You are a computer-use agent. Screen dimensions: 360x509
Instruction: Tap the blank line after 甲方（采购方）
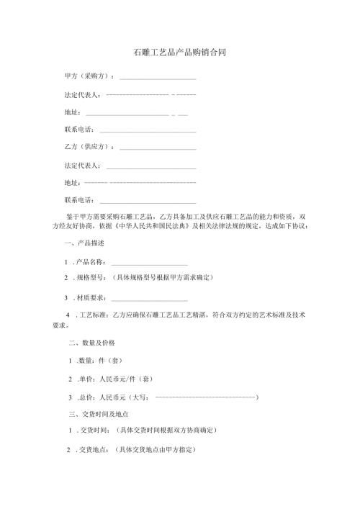coord(158,77)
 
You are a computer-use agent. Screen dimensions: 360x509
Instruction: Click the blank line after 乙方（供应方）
coord(158,148)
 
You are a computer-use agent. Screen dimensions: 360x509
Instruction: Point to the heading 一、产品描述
coord(85,243)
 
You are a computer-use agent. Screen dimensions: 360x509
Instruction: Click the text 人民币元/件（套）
coord(124,377)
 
